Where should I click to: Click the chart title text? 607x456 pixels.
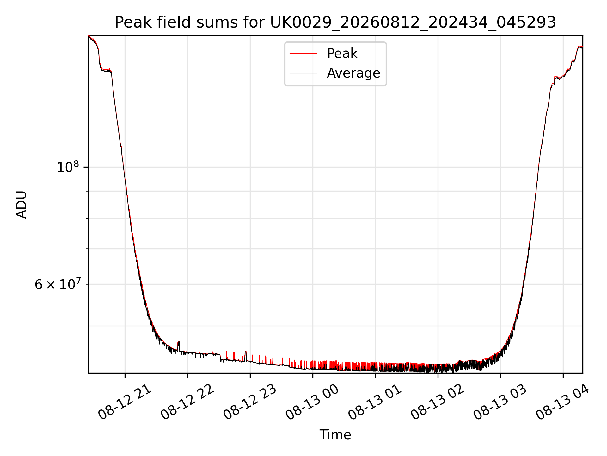pyautogui.click(x=335, y=22)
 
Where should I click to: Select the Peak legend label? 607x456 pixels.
pyautogui.click(x=342, y=54)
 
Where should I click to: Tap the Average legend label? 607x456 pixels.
pyautogui.click(x=353, y=73)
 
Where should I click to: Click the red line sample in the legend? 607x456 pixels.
pyautogui.click(x=303, y=54)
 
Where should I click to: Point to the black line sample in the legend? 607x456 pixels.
pyautogui.click(x=303, y=73)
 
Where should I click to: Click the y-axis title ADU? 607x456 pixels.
pyautogui.click(x=21, y=205)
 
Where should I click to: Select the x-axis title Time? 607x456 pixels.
pyautogui.click(x=335, y=435)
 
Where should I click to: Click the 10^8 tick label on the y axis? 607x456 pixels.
pyautogui.click(x=68, y=167)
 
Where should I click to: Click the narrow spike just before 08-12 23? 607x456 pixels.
pyautogui.click(x=246, y=355)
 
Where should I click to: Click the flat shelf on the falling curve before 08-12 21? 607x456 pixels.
pyautogui.click(x=106, y=70)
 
